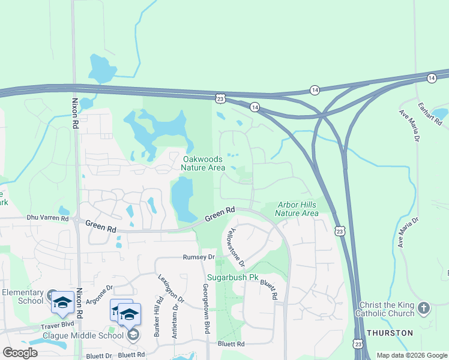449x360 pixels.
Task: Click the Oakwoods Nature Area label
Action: click(x=203, y=163)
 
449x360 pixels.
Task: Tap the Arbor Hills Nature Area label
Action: click(x=297, y=209)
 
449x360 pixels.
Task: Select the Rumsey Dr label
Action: click(x=199, y=257)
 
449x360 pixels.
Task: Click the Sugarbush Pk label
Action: click(x=232, y=278)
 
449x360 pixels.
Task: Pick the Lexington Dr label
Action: click(x=169, y=289)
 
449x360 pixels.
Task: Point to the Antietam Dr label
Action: click(x=175, y=321)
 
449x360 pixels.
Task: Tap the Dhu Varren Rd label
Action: click(x=48, y=218)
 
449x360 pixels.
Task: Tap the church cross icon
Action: click(x=424, y=308)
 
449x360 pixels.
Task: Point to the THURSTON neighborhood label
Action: click(x=390, y=333)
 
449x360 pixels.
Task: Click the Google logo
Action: click(x=20, y=353)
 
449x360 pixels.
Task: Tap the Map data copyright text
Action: click(x=411, y=355)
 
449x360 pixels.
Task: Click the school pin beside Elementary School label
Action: click(x=62, y=303)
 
